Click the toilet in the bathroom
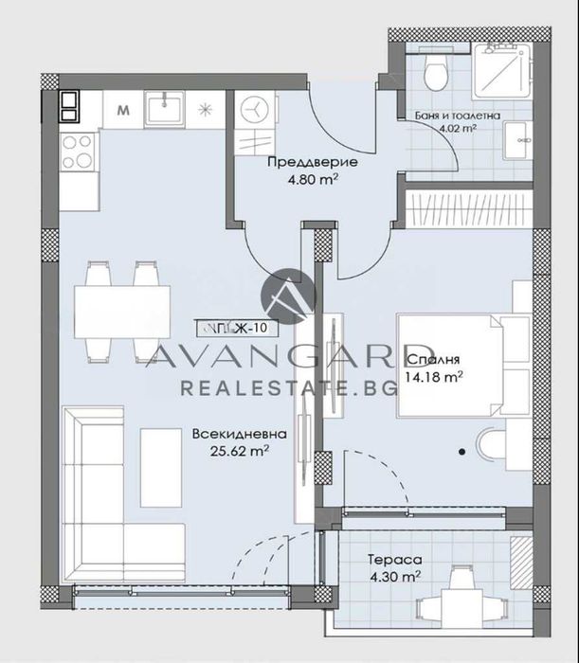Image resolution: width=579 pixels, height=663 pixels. (438, 70)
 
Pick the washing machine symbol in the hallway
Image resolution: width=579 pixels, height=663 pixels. (255, 109)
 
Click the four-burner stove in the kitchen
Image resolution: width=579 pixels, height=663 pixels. (77, 149)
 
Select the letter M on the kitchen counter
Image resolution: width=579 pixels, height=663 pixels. (123, 109)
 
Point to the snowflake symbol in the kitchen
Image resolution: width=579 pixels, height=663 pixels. (206, 109)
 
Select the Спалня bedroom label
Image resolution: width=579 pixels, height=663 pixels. (432, 360)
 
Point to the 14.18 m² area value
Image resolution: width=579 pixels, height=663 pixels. (433, 376)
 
